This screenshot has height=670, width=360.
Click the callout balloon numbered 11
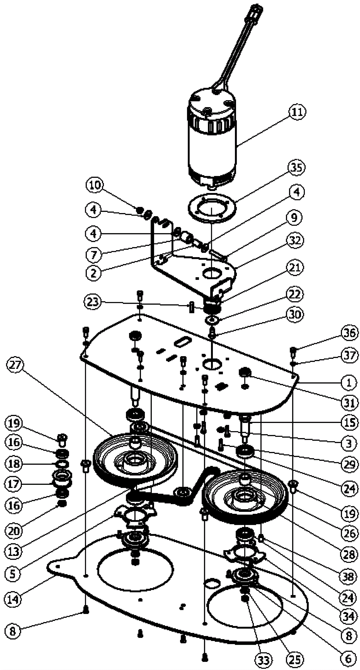297,112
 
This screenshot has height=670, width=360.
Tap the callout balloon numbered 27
15,365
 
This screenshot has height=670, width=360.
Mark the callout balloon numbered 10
95,185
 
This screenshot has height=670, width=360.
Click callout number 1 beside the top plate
349,383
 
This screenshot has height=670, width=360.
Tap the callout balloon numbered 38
349,577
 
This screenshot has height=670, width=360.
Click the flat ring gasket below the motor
212,208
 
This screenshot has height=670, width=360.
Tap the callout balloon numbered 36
349,333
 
